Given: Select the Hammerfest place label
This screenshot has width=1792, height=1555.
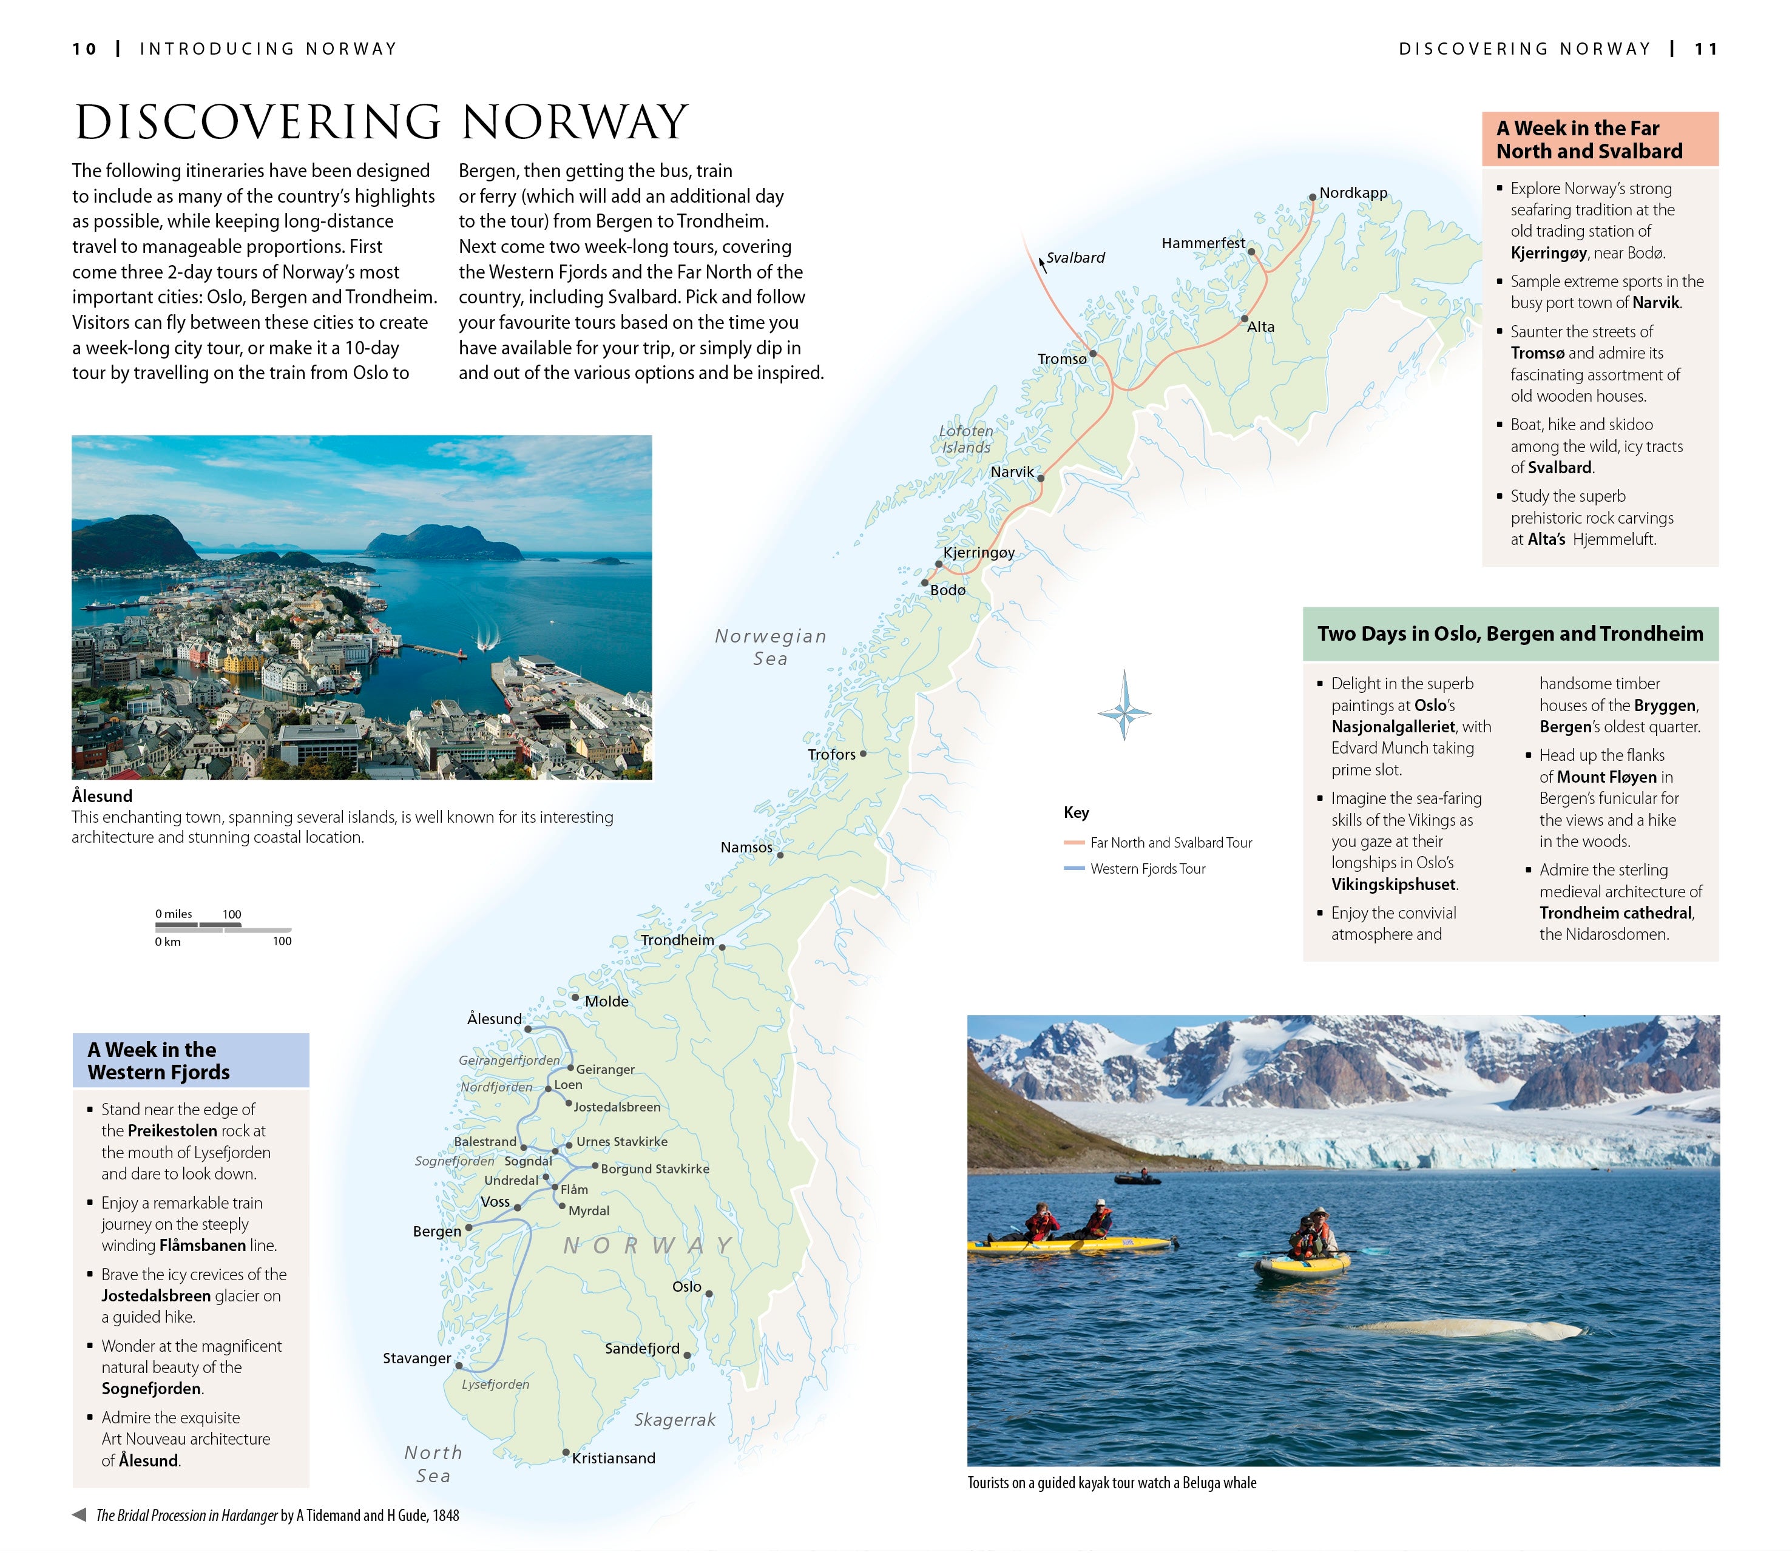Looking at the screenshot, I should (1203, 243).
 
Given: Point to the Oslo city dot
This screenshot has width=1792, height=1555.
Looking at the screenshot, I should (709, 1294).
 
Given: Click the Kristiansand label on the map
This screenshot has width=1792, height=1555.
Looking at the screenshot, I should (614, 1458).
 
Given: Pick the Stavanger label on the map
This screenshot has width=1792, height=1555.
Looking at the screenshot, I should (416, 1358).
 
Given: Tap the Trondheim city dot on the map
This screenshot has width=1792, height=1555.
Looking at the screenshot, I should (722, 948).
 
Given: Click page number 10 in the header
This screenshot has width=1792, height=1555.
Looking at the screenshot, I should (84, 50).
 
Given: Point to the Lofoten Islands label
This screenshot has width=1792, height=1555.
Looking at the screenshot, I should (966, 439).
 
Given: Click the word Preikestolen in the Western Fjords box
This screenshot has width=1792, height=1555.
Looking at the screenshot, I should (172, 1131).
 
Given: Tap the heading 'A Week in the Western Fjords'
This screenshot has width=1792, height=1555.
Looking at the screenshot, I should (159, 1061).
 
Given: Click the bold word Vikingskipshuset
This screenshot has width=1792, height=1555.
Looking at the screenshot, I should (1394, 884).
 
